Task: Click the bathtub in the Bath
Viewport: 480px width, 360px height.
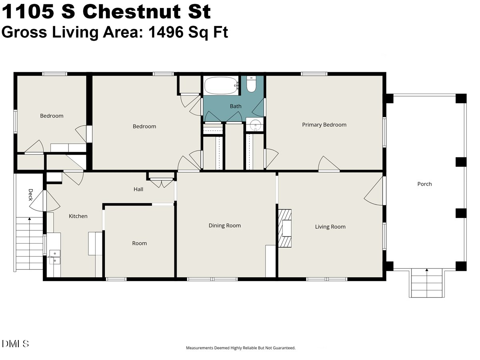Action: [x=221, y=86]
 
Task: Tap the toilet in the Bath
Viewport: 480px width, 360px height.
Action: [x=251, y=84]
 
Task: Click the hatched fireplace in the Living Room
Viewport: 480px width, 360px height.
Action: [x=285, y=228]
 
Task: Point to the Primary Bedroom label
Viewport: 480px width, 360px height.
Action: [x=324, y=125]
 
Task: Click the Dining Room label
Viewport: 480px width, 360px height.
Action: [x=224, y=225]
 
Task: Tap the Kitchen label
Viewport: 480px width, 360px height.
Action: [x=78, y=216]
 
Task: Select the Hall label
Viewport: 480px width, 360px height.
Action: [x=138, y=189]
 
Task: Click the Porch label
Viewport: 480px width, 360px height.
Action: [x=424, y=184]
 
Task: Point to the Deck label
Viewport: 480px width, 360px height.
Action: [x=31, y=195]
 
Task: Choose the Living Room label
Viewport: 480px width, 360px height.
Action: [x=330, y=227]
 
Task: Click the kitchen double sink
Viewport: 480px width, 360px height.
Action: [x=55, y=257]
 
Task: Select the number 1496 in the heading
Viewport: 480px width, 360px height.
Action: [x=166, y=32]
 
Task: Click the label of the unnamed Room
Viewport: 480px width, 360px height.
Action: [x=140, y=243]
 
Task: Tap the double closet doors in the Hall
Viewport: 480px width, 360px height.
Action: [x=162, y=183]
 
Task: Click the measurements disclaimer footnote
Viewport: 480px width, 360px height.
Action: [x=240, y=348]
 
